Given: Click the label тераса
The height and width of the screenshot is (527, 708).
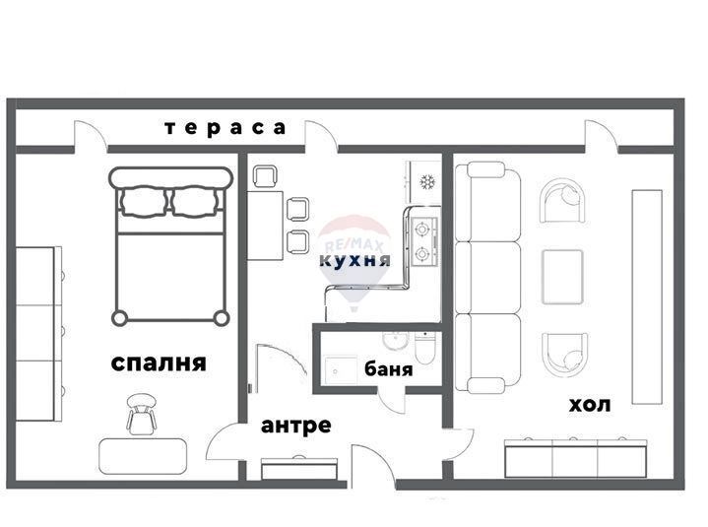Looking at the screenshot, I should tap(225, 127).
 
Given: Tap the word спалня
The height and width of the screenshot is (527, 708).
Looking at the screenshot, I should tap(159, 362).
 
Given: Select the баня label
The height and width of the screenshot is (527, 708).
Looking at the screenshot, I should tap(388, 371).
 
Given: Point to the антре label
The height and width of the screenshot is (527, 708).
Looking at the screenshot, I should tap(295, 426).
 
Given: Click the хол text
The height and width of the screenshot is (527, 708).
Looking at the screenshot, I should tap(589, 404).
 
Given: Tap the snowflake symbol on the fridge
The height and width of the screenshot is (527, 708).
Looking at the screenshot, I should tap(427, 181).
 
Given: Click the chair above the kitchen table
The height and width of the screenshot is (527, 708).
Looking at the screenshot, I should tap(265, 177).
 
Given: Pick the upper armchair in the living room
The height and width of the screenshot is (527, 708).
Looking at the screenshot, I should tap(563, 202).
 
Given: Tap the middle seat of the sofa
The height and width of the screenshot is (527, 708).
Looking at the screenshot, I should tap(487, 277).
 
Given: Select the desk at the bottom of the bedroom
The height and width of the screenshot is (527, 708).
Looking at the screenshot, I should tap(144, 456).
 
